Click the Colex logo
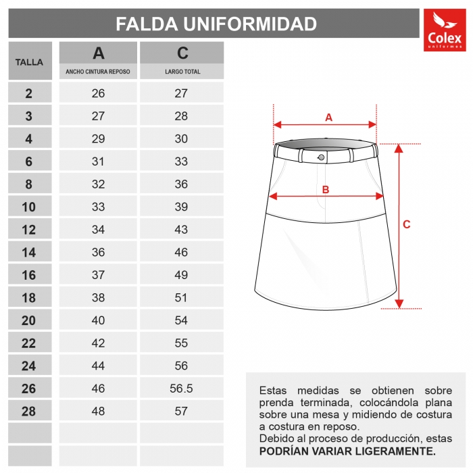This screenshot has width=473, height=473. pyautogui.click(x=444, y=30)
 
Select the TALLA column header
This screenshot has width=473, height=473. pyautogui.click(x=29, y=62)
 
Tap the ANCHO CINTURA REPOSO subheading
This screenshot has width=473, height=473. pyautogui.click(x=98, y=71)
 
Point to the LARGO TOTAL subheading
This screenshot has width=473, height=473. pyautogui.click(x=182, y=71)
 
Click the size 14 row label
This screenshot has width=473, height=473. pyautogui.click(x=29, y=253)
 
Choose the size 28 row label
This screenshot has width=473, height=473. pyautogui.click(x=29, y=411)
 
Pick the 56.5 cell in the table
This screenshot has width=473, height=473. pyautogui.click(x=181, y=389)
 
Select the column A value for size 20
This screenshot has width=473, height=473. pyautogui.click(x=98, y=321)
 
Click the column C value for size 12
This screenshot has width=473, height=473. pyautogui.click(x=181, y=230)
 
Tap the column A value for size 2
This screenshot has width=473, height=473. pyautogui.click(x=98, y=93)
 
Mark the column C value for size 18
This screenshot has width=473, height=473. pyautogui.click(x=181, y=298)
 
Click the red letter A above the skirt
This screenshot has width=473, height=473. pyautogui.click(x=328, y=117)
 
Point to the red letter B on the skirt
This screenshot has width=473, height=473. pyautogui.click(x=325, y=190)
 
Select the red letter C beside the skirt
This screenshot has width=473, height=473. pyautogui.click(x=407, y=224)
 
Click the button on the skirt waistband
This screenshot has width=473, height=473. pyautogui.click(x=320, y=157)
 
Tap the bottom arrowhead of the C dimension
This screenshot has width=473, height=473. pyautogui.click(x=399, y=303)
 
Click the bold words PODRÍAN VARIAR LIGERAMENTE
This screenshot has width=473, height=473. pyautogui.click(x=347, y=451)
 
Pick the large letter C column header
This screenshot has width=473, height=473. pyautogui.click(x=182, y=53)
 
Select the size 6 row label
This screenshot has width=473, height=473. pyautogui.click(x=29, y=161)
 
